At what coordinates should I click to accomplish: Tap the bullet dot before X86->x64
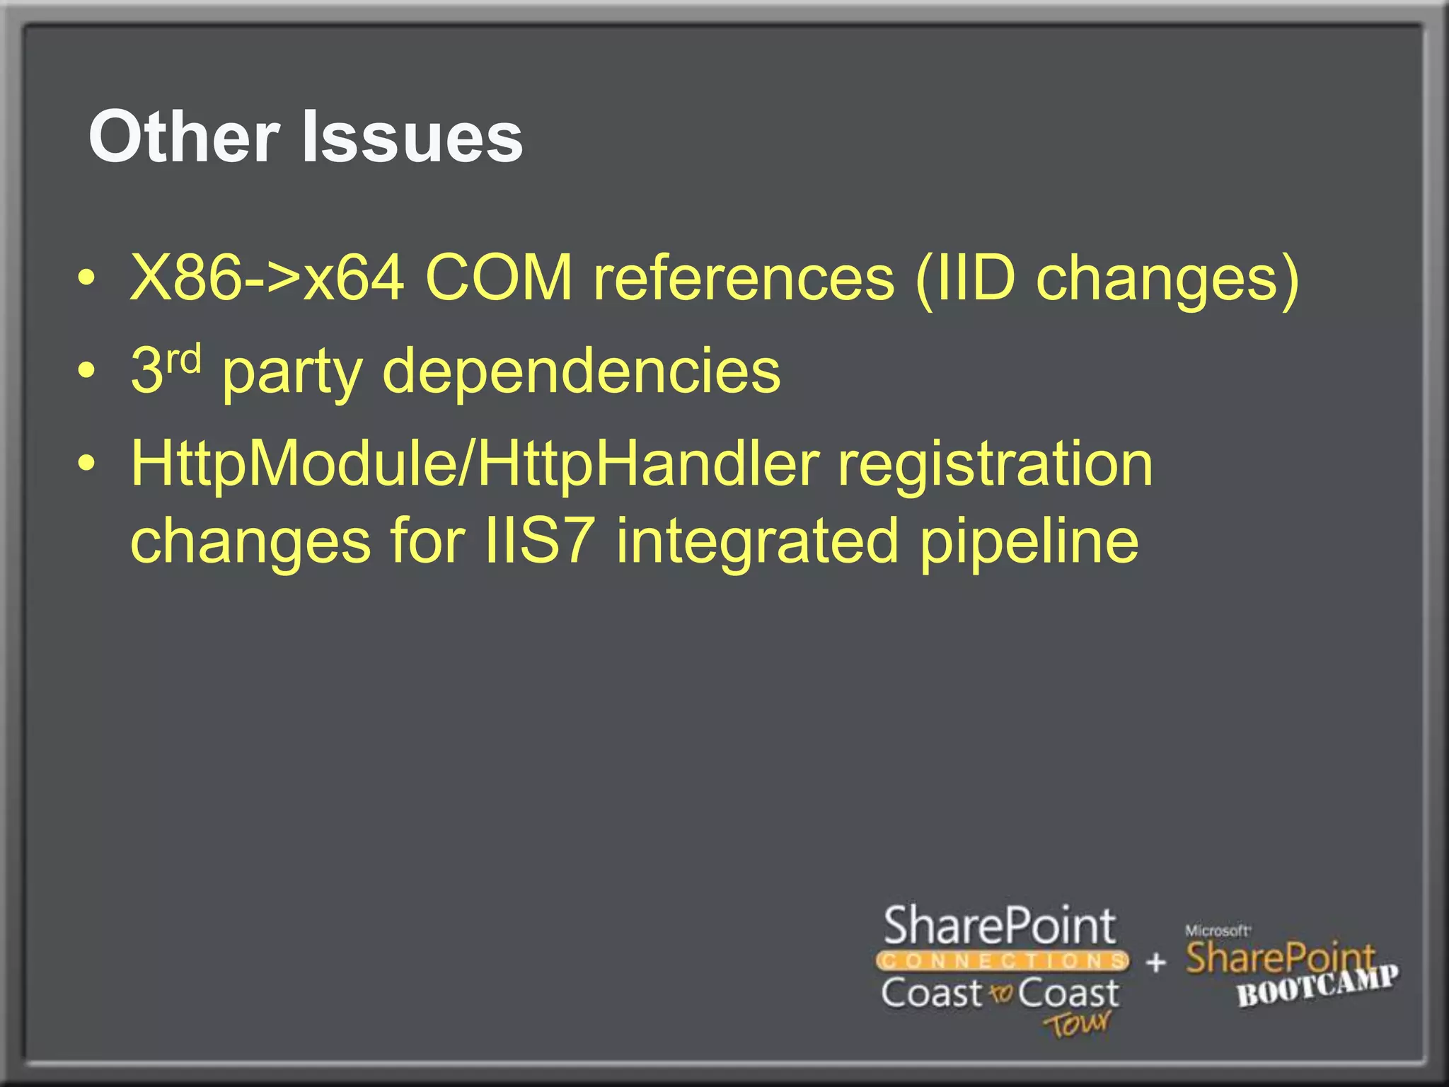coord(86,278)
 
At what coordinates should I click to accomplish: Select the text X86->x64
coord(267,278)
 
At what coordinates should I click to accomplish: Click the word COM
coord(499,278)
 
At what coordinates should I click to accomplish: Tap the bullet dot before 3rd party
coord(86,370)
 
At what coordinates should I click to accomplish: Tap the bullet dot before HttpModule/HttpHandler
coord(86,464)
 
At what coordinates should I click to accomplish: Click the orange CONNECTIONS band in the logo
coord(1001,960)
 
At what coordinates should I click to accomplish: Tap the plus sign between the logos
coord(1155,962)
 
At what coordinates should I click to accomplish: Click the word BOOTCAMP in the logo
coord(1317,986)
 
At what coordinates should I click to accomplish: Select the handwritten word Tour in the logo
coord(1078,1023)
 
